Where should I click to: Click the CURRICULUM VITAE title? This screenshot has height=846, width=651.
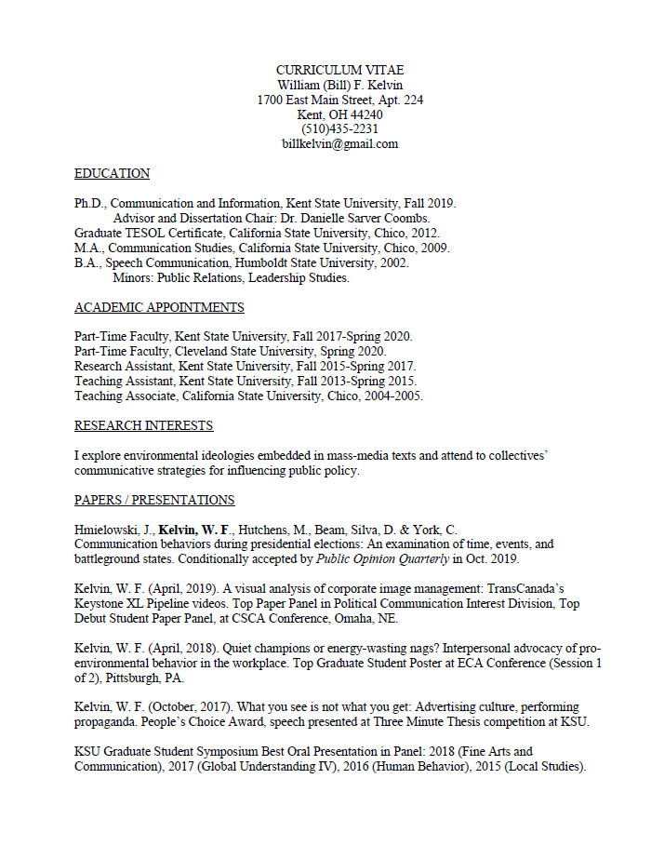pos(339,71)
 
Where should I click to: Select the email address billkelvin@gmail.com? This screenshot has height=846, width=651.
pos(339,144)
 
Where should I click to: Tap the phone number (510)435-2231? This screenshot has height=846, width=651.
pos(339,129)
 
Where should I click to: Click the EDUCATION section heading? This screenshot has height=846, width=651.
pos(112,174)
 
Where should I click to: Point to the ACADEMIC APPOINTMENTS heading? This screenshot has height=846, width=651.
pos(159,308)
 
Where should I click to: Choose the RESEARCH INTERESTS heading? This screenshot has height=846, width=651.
pos(143,426)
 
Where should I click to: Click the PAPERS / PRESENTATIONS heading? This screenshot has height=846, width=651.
pos(154,501)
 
